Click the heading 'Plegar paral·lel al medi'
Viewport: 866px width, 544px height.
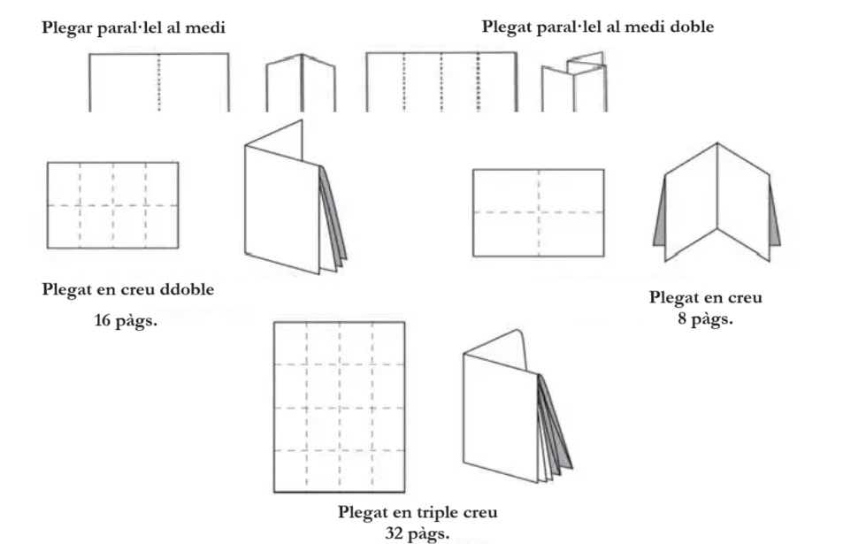134,28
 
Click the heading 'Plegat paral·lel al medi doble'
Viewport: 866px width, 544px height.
597,27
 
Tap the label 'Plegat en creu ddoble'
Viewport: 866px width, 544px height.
128,290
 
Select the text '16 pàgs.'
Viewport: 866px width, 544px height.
126,320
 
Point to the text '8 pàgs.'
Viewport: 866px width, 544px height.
705,318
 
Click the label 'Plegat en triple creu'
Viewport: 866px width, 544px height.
418,512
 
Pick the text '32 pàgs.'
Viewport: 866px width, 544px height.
417,533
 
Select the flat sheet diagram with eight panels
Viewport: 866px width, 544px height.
112,205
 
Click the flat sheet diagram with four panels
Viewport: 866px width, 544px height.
538,213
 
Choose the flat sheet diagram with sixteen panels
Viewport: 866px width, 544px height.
339,407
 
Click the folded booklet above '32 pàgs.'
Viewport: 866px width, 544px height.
513,407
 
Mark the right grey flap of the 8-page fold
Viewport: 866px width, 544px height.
774,217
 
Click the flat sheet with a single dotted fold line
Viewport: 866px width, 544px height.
158,82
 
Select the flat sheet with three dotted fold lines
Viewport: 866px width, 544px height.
441,82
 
